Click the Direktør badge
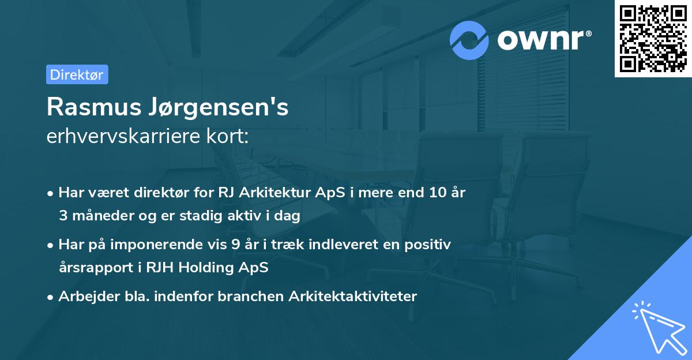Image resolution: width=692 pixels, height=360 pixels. click(x=77, y=75)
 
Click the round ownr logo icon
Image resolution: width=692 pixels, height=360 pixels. click(x=469, y=40)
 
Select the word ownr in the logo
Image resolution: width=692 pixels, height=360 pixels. click(x=541, y=40)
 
